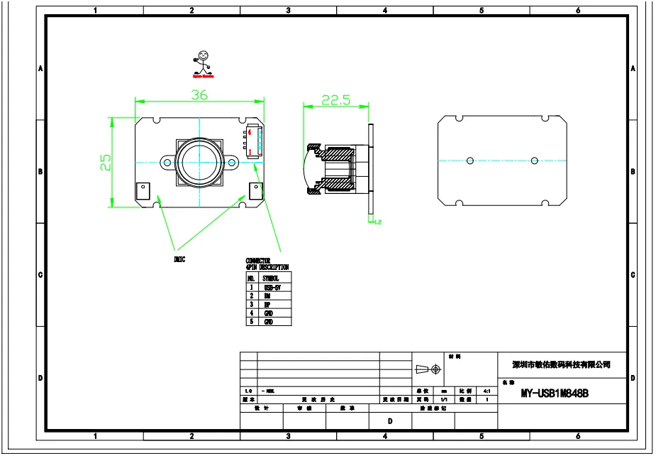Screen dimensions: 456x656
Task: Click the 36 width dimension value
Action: tap(199, 95)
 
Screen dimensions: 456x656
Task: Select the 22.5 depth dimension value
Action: tap(336, 100)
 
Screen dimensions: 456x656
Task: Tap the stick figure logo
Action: tap(204, 63)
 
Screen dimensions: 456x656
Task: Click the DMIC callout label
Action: tap(180, 259)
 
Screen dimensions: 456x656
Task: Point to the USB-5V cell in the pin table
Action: tap(273, 288)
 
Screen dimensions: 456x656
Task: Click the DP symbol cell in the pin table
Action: tap(267, 305)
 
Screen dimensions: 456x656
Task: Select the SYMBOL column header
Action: tap(271, 279)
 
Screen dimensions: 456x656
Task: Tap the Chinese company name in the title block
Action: tap(562, 365)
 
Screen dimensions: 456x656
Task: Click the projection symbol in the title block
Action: tap(427, 369)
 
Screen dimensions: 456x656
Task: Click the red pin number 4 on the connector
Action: tap(250, 132)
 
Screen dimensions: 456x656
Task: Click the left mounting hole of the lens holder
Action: tap(167, 163)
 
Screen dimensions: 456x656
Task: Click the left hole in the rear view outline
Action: tap(469, 161)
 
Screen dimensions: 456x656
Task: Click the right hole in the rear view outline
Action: tap(535, 161)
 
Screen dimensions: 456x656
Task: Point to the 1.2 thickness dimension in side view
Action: tap(377, 223)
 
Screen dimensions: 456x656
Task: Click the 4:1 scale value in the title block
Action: tap(487, 391)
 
